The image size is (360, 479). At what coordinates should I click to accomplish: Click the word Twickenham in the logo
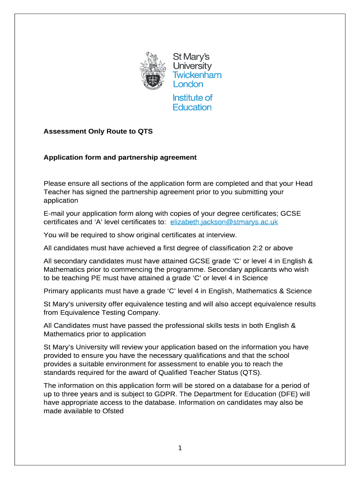[197, 75]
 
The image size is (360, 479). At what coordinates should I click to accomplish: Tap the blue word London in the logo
[188, 85]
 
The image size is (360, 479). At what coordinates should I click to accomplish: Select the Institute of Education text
[192, 102]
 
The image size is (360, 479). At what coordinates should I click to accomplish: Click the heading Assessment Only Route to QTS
[98, 132]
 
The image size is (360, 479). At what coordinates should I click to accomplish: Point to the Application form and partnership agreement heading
[120, 158]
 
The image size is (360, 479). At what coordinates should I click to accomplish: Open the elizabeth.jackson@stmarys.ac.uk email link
[224, 222]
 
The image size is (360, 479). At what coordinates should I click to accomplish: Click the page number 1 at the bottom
[180, 449]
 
